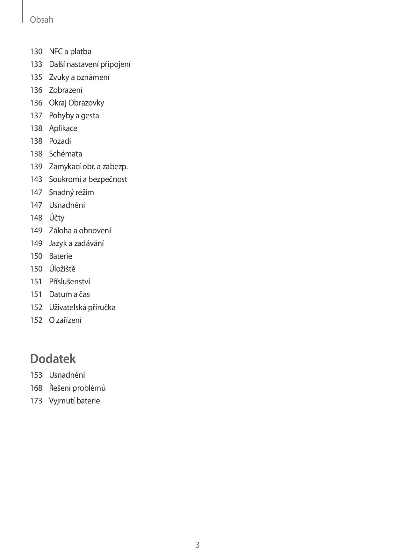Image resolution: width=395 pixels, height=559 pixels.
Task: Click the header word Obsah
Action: point(41,20)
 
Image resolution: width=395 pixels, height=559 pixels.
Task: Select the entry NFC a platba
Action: point(70,52)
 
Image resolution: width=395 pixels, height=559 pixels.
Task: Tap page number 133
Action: point(36,64)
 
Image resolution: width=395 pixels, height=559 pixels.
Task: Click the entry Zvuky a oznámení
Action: point(79,77)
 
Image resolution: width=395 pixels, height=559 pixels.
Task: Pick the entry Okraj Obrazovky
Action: point(76,103)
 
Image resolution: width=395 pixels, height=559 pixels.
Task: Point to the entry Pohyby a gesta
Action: point(74,116)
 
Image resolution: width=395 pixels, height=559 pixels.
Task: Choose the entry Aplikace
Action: point(63,128)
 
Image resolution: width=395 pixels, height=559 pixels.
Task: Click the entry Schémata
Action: point(66,154)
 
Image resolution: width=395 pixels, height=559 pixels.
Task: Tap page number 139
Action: point(36,167)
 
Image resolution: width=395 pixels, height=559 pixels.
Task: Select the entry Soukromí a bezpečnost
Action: point(88,179)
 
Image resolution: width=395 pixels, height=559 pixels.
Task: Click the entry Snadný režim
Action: point(71,192)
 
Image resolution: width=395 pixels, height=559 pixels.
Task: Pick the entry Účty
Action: point(57,218)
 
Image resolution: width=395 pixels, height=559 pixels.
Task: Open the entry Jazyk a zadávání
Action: point(76,243)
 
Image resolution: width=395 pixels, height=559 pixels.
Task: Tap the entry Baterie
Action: point(61,256)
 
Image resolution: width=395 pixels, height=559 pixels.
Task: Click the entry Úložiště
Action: point(62,269)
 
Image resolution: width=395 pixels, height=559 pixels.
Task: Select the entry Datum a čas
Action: point(69,294)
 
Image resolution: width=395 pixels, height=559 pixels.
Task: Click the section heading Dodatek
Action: point(53,359)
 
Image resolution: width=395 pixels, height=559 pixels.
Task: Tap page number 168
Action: point(36,388)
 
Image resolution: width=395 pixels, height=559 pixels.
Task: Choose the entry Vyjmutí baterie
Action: point(75,401)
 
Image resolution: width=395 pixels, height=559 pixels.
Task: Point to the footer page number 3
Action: point(197,545)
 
